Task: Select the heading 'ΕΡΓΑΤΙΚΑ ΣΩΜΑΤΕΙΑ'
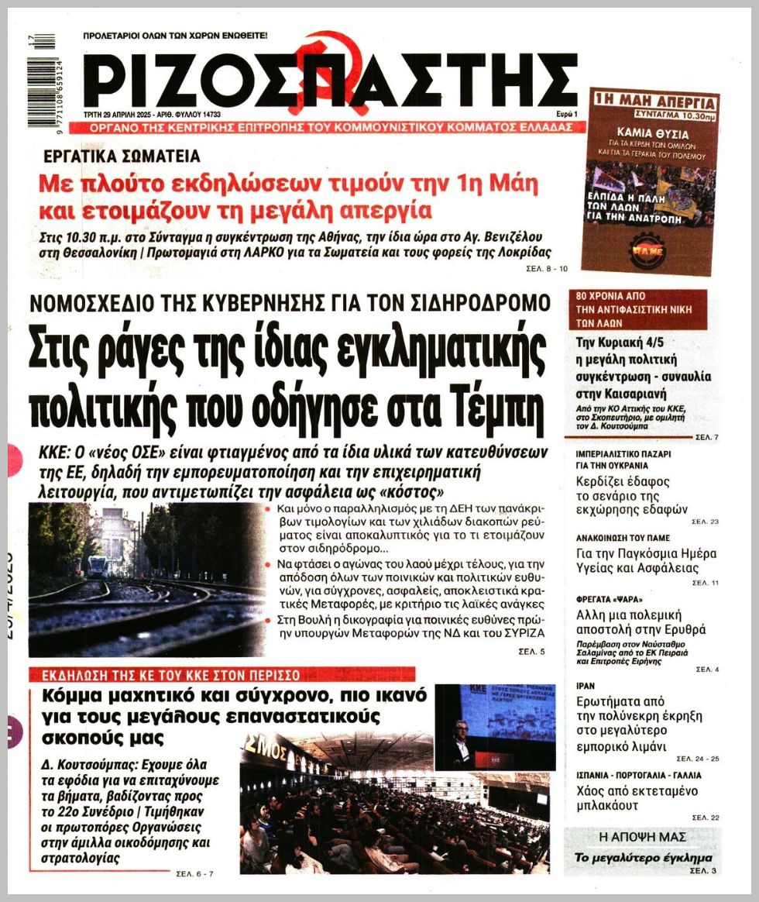(122, 156)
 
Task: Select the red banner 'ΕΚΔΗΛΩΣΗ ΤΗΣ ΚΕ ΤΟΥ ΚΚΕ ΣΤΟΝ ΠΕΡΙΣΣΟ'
(222, 674)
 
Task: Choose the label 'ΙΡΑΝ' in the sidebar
(586, 686)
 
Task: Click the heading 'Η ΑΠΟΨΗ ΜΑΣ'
(643, 838)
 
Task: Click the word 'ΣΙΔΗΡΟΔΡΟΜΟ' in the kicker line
(472, 303)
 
